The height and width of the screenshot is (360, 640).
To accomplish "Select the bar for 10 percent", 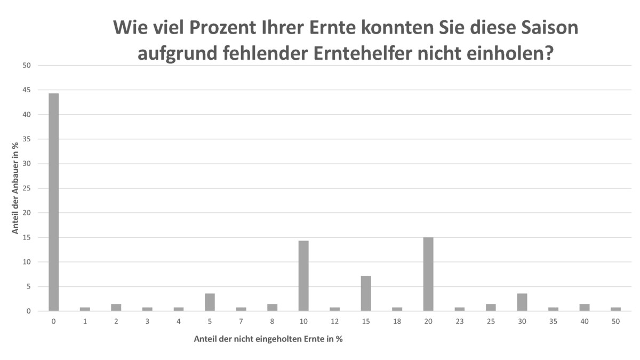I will click(x=303, y=276).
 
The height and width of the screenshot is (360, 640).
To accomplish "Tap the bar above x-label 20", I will click(x=428, y=274).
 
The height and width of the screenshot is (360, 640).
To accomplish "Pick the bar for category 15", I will click(x=366, y=293).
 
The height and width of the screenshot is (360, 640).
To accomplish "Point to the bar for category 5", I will click(x=210, y=302).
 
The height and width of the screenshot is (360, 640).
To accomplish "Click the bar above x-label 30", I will click(x=522, y=302).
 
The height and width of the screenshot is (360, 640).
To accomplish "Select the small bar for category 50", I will click(x=615, y=309).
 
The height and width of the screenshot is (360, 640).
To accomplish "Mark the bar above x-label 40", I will click(x=585, y=308).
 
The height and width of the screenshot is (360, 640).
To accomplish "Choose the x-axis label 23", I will click(x=460, y=321).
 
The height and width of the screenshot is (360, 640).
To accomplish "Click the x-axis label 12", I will click(x=334, y=321).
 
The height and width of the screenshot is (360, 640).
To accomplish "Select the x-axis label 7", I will click(x=241, y=321).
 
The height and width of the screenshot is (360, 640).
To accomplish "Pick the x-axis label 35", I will click(x=553, y=321).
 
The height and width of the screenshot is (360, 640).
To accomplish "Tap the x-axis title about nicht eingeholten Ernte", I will click(x=268, y=339).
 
